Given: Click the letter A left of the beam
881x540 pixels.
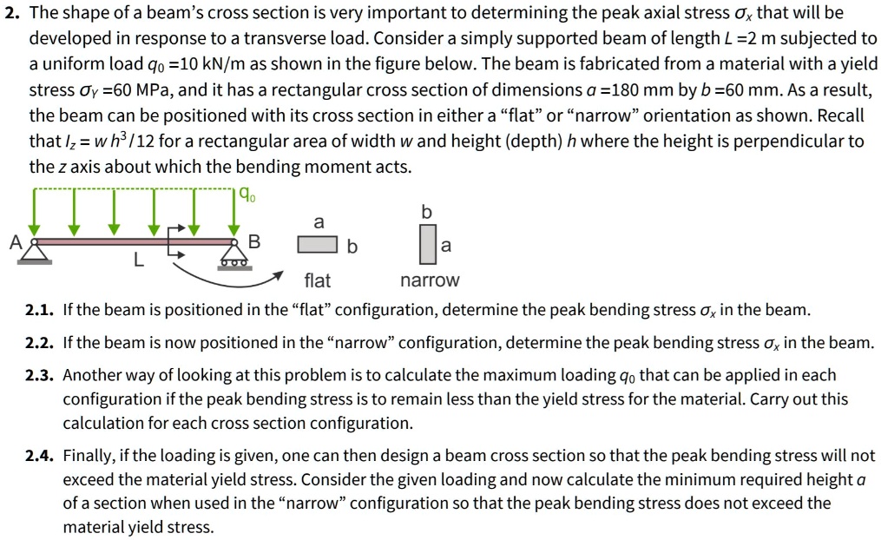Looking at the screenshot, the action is tap(15, 243).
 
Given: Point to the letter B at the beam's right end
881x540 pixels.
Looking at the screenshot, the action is tap(254, 241).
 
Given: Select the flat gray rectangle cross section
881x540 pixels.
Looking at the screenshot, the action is tap(318, 246).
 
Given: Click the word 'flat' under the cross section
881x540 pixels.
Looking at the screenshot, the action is tap(318, 280).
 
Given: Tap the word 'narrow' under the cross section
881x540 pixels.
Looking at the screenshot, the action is tap(430, 280).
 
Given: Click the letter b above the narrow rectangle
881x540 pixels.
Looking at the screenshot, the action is tap(426, 213).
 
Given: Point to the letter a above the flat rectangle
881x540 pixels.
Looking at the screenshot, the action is tap(319, 223).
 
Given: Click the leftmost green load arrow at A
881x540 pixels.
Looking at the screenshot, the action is tap(35, 213).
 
